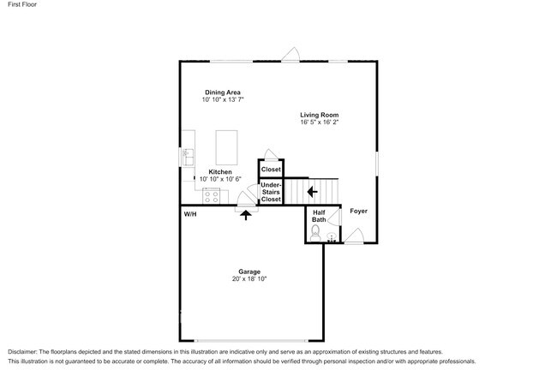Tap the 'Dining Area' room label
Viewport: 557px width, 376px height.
pyautogui.click(x=222, y=93)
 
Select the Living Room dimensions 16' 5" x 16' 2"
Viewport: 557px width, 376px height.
pyautogui.click(x=320, y=122)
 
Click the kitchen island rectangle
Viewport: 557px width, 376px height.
pyautogui.click(x=226, y=146)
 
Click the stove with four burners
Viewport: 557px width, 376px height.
pyautogui.click(x=212, y=196)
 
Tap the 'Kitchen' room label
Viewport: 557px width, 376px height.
pyautogui.click(x=220, y=171)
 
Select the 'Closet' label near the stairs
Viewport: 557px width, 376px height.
pyautogui.click(x=271, y=170)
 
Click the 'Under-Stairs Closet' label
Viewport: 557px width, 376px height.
pyautogui.click(x=271, y=192)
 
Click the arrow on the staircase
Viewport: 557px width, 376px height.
pyautogui.click(x=313, y=192)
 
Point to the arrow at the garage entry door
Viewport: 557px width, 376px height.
pyautogui.click(x=246, y=215)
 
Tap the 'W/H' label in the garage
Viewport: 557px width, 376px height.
pyautogui.click(x=190, y=214)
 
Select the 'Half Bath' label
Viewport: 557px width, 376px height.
pyautogui.click(x=319, y=217)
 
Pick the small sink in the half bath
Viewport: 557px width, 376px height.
pyautogui.click(x=332, y=237)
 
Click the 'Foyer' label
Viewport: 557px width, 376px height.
pyautogui.click(x=358, y=211)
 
